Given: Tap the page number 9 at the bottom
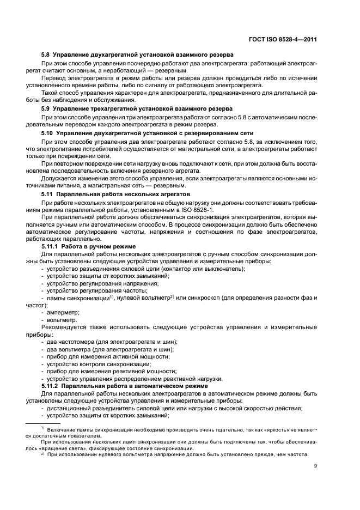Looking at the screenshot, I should pos(315,465).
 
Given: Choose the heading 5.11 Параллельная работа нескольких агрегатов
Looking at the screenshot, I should pos(116,193).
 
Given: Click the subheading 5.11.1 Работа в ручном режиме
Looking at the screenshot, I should pos(89,246).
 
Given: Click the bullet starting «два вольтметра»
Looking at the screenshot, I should pos(107,349).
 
